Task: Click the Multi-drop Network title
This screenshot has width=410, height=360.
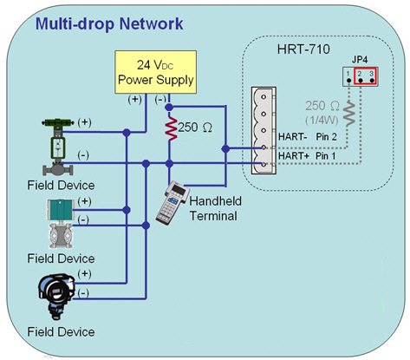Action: click(109, 23)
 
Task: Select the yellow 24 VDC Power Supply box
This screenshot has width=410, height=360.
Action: click(156, 72)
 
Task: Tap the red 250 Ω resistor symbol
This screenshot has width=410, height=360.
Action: click(171, 128)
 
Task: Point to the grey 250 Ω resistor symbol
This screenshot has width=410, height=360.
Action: click(349, 113)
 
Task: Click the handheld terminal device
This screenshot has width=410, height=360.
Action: click(172, 203)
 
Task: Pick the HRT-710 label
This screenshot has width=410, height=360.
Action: click(303, 49)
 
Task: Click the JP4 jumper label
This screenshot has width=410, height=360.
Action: click(360, 60)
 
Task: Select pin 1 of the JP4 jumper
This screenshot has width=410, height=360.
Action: click(348, 81)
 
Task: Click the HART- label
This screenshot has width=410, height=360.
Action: click(292, 137)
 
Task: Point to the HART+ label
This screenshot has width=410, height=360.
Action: click(294, 156)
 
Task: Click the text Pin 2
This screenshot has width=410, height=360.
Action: click(326, 137)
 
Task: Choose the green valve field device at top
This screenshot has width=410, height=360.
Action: click(58, 147)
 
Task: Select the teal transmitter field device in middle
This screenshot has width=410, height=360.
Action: click(61, 224)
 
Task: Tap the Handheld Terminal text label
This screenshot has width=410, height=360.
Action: click(215, 208)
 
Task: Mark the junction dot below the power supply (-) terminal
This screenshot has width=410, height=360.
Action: click(169, 108)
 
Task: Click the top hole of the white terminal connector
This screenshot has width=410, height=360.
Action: click(264, 97)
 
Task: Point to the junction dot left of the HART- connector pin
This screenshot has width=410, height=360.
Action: click(225, 149)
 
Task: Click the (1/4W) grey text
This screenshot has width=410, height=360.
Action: click(322, 120)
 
